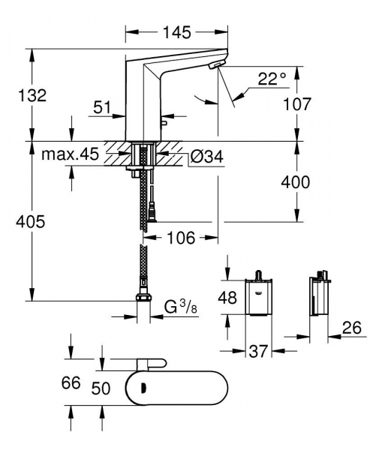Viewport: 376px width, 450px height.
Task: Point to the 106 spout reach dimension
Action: click(180, 238)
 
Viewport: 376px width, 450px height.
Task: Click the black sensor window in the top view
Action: click(141, 388)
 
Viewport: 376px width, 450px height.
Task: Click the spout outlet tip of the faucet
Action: click(216, 67)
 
